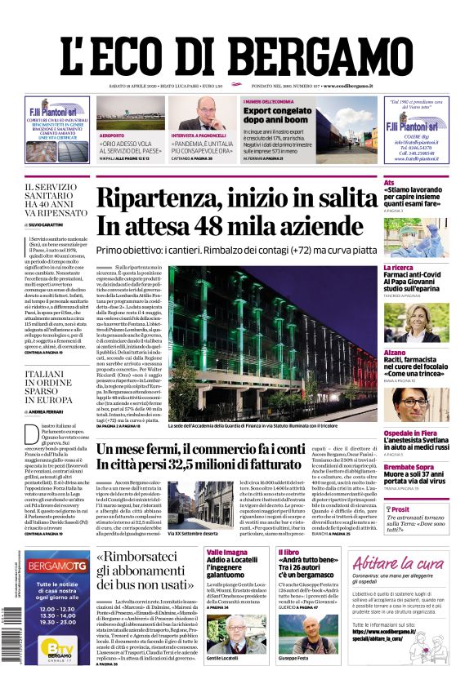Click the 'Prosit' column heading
[x=400, y=508]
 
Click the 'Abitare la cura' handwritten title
[x=398, y=563]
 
